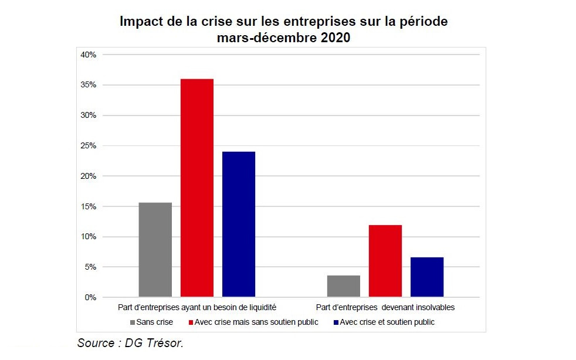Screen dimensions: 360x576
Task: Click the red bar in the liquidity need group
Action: [196, 188]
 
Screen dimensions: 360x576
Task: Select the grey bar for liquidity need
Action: [155, 250]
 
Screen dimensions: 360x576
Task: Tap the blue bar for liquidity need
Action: [238, 224]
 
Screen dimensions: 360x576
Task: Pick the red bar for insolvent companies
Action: [385, 261]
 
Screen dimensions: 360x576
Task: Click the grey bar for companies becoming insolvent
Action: [343, 286]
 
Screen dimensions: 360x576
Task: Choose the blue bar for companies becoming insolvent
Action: [426, 277]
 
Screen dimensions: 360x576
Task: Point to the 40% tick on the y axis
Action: [87, 55]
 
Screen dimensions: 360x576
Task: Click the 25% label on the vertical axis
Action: [87, 145]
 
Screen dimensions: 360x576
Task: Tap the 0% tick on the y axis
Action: [90, 297]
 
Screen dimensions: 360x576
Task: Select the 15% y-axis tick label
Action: [87, 206]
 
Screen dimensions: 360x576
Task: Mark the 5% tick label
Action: [90, 267]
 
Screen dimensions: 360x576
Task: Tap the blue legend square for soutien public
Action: [336, 322]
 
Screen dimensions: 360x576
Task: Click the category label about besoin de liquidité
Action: [196, 307]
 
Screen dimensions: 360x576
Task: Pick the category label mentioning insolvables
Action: [385, 307]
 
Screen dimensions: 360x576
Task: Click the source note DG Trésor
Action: [130, 343]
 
